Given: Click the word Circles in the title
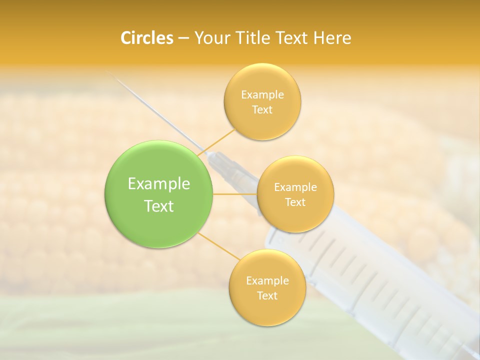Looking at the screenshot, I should point(146,38).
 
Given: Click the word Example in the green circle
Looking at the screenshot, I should point(159,184).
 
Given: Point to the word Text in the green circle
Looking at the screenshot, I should point(159,206).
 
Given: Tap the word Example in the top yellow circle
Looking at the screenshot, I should point(262,95).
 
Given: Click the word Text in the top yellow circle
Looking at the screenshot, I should point(262,110).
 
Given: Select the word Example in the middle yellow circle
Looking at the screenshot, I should point(295,187).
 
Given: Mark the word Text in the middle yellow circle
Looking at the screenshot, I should point(295,202).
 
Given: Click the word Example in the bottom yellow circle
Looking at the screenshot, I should point(267,281).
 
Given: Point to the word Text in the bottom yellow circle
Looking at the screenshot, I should point(267,296).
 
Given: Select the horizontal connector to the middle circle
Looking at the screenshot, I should point(235,194).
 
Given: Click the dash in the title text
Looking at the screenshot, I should point(183,38).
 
